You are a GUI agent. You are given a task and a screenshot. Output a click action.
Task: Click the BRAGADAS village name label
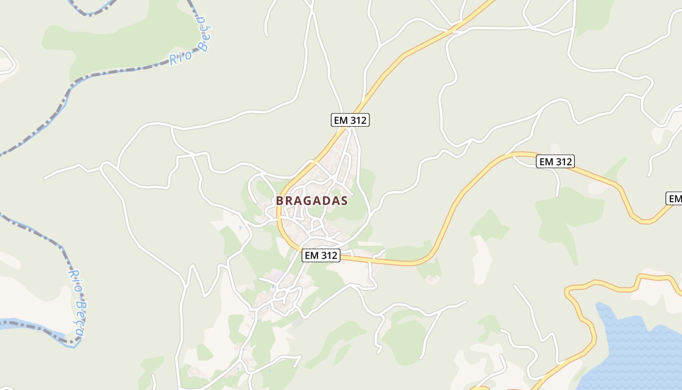click(312, 201)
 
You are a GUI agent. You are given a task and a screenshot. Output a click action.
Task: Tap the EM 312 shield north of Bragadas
click(350, 120)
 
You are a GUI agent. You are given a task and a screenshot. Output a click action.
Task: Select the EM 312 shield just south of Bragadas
click(321, 255)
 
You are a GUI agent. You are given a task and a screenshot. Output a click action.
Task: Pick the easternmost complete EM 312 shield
click(555, 161)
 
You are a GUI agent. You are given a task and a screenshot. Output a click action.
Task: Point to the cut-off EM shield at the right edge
click(675, 198)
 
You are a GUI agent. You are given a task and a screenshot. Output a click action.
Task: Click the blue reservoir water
click(633, 351)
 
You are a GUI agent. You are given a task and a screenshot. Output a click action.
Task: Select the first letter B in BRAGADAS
click(280, 201)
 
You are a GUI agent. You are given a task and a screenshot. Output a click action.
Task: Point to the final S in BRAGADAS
click(344, 201)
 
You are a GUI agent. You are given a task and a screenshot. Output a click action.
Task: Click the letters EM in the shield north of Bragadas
click(340, 120)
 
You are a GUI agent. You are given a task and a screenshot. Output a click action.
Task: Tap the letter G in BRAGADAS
click(307, 201)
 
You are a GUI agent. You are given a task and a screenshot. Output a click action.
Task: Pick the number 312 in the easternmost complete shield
click(563, 161)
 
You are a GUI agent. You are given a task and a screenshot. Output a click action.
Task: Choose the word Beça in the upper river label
click(205, 34)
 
